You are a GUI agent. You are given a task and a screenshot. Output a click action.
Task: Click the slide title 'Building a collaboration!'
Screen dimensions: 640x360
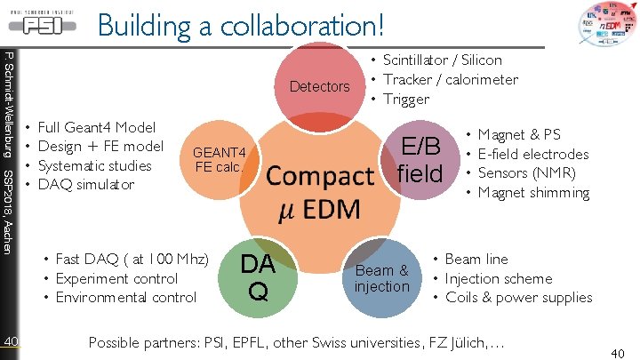pos(242,24)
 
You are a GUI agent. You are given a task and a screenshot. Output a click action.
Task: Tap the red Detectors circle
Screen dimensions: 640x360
pos(320,86)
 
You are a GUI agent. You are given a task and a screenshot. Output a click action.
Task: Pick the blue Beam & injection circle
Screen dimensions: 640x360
pos(381,278)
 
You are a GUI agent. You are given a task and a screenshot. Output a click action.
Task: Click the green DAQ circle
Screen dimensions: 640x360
pos(258,276)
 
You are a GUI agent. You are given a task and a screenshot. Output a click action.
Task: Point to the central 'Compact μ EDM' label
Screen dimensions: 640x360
pos(320,191)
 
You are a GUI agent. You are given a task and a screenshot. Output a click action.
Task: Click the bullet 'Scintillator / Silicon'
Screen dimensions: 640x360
pos(442,60)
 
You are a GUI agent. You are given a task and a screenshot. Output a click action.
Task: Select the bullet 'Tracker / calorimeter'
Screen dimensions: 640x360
pos(450,80)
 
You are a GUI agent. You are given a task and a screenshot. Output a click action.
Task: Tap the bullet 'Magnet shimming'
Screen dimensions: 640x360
pos(533,193)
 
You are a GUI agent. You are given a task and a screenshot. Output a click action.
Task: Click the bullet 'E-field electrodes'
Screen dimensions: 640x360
pos(533,155)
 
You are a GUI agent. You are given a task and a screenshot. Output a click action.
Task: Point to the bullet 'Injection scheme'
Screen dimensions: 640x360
pos(498,278)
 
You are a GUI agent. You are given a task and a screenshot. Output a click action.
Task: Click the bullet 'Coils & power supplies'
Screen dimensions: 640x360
pos(518,298)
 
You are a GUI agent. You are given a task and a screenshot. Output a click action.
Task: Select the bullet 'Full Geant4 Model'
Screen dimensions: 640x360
pos(97,128)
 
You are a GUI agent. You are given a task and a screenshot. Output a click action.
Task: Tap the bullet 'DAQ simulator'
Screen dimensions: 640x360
pos(86,185)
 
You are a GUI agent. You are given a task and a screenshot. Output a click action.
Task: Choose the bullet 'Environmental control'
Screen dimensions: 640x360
pos(125,298)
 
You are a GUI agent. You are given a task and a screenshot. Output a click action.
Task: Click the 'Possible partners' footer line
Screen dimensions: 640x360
pos(299,342)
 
